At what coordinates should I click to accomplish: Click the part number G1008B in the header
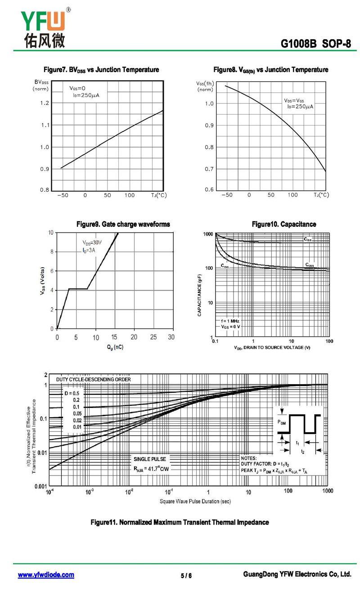(298, 44)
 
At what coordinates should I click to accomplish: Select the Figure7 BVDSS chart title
(101, 70)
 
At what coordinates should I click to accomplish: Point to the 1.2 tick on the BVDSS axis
(44, 103)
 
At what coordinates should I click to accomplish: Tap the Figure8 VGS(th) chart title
(270, 70)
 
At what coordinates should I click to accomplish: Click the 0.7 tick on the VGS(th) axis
(209, 169)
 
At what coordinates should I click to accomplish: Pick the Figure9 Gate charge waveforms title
(123, 224)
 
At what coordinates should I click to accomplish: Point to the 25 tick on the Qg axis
(153, 337)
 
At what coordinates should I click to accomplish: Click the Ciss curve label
(307, 240)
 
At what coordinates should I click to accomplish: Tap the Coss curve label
(310, 265)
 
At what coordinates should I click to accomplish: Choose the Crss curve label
(225, 266)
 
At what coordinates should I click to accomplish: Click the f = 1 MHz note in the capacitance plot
(230, 321)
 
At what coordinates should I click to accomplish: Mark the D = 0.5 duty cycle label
(71, 393)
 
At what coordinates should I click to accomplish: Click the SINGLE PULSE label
(150, 459)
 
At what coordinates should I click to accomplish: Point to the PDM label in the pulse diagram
(282, 422)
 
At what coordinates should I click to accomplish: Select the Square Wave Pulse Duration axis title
(195, 501)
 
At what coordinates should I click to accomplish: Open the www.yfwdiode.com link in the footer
(46, 575)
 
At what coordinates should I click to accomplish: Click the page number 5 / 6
(186, 576)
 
